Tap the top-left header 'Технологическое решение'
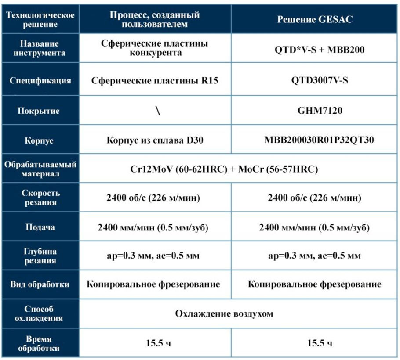coord(40,20)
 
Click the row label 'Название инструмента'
coord(40,49)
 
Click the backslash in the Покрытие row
coord(157,111)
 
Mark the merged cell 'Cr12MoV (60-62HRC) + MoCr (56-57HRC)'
coord(224,169)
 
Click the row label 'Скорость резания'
coord(40,198)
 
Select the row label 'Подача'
coord(40,228)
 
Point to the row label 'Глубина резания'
coord(40,256)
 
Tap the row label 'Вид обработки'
coord(40,284)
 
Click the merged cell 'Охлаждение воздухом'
coord(224,313)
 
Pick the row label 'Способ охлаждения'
coord(40,313)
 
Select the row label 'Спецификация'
coord(40,81)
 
